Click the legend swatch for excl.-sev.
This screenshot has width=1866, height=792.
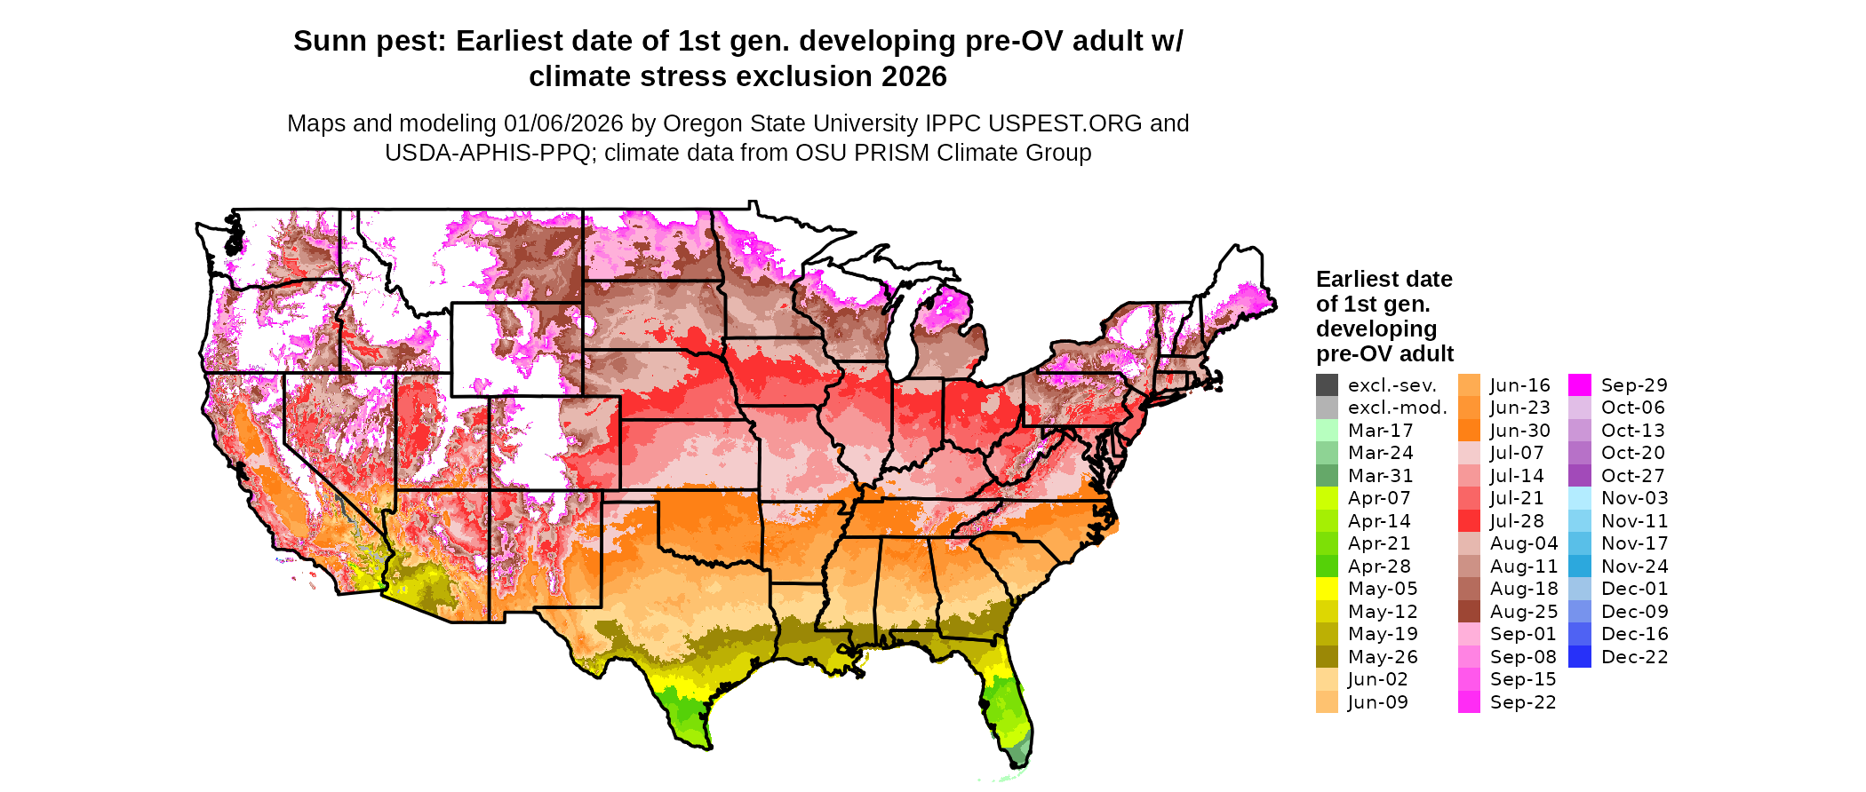click(1327, 385)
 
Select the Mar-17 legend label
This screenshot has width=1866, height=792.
click(1380, 431)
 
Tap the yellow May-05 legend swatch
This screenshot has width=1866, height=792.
click(1327, 589)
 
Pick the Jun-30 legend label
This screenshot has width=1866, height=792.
click(1519, 431)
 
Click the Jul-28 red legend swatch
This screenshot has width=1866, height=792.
click(1469, 521)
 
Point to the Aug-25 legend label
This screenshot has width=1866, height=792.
click(1524, 612)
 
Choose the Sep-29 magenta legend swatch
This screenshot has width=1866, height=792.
click(1579, 385)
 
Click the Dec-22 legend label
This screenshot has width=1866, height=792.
click(1634, 657)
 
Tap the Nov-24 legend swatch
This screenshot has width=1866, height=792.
click(1579, 566)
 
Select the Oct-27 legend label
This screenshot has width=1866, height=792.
click(1632, 476)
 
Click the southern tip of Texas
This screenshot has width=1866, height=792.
click(708, 748)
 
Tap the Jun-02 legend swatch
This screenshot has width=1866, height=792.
click(1327, 679)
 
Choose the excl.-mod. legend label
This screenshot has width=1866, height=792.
click(1397, 408)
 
